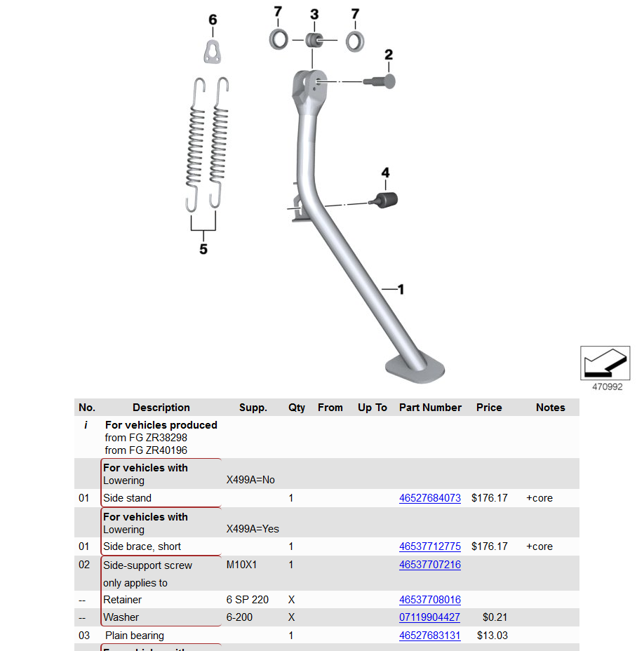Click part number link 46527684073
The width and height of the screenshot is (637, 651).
(429, 498)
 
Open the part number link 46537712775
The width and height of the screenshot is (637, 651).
(429, 546)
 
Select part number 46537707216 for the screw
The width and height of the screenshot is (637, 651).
(429, 565)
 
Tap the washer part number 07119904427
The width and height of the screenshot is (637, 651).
(429, 617)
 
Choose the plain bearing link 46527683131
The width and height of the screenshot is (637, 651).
(429, 636)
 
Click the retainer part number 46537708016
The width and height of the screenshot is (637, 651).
(429, 600)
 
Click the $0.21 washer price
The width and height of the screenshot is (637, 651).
(495, 617)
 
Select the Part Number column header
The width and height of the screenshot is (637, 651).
(430, 408)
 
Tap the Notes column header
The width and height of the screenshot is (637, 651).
(550, 408)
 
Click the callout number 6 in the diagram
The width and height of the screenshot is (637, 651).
(213, 20)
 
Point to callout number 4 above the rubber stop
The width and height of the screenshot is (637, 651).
(385, 173)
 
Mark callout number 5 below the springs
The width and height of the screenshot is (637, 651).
(203, 249)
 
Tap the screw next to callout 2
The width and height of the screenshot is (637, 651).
(381, 81)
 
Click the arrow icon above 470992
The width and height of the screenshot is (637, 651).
(605, 363)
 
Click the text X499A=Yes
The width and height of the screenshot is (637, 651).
(253, 529)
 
